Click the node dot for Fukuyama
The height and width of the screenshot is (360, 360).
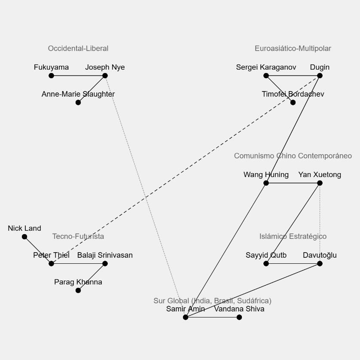pyautogui.click(x=51, y=76)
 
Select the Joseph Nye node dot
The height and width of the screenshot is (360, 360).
pyautogui.click(x=105, y=76)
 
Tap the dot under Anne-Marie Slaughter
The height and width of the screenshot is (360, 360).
pyautogui.click(x=78, y=102)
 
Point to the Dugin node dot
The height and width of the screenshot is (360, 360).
pyautogui.click(x=320, y=76)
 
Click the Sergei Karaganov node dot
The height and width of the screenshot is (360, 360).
pyautogui.click(x=266, y=76)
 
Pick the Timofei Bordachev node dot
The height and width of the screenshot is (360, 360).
pyautogui.click(x=293, y=102)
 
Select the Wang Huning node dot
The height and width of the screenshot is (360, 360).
pyautogui.click(x=266, y=183)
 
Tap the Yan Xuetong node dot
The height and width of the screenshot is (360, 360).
pyautogui.click(x=320, y=183)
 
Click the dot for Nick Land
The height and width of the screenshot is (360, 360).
pyautogui.click(x=24, y=237)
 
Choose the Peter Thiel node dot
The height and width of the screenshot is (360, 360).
pyautogui.click(x=51, y=264)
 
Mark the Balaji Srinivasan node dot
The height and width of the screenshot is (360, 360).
pyautogui.click(x=105, y=264)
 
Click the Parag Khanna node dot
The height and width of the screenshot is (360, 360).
pyautogui.click(x=78, y=290)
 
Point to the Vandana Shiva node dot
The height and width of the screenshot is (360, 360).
pyautogui.click(x=239, y=317)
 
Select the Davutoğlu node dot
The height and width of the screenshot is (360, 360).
pyautogui.click(x=320, y=264)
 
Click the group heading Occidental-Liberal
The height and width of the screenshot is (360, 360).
pyautogui.click(x=78, y=49)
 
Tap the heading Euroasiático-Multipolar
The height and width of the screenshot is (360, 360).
pyautogui.click(x=293, y=49)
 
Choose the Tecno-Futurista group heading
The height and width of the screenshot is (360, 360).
pyautogui.click(x=78, y=236)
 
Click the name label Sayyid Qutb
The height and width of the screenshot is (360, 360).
pyautogui.click(x=266, y=255)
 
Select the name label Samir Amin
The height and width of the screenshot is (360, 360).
pyautogui.click(x=186, y=309)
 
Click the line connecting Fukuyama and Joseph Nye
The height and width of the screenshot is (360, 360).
pyautogui.click(x=78, y=76)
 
